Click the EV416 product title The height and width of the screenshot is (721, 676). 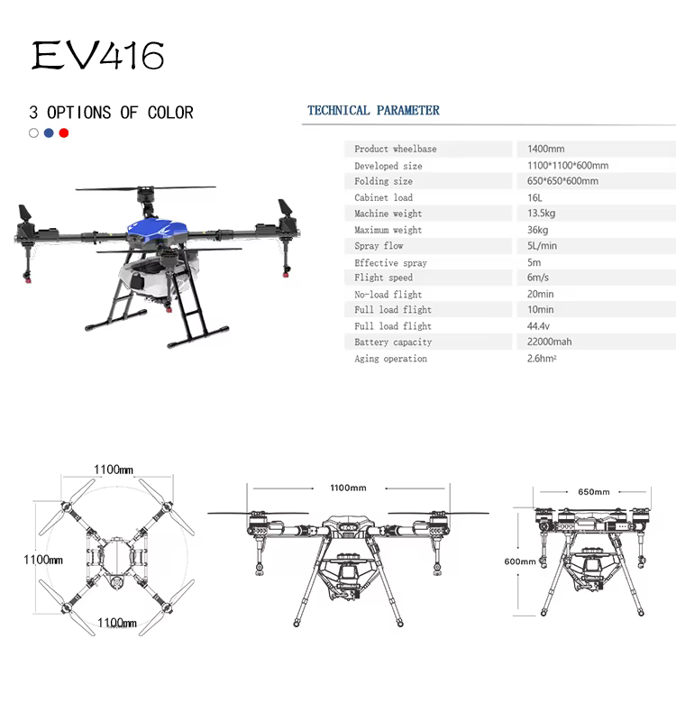coord(97,55)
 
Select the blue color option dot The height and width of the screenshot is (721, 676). coord(49,132)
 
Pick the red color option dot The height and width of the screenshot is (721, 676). coord(64,132)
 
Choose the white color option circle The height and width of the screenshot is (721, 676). coord(33,132)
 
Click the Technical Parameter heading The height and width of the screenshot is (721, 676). coord(373,110)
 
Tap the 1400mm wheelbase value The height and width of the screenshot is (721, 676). coord(546,149)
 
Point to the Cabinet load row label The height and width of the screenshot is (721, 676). coord(384,197)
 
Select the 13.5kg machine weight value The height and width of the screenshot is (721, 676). coord(542,214)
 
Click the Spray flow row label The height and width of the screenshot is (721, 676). coord(379,246)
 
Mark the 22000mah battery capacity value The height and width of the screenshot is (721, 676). coord(550,342)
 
